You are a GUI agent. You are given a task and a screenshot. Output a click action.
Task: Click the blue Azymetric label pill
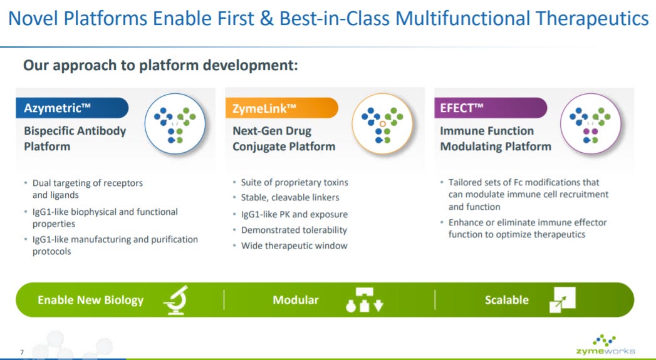72,108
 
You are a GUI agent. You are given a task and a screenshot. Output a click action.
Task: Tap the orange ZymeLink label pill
281,108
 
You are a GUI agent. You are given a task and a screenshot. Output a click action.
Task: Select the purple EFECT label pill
491,108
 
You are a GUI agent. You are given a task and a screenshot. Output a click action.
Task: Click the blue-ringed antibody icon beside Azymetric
175,124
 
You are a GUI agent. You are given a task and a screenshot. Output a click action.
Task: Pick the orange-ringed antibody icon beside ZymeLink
382,124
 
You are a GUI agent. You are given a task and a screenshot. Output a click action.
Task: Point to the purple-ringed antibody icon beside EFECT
591,124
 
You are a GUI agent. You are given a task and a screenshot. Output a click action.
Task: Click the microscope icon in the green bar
175,300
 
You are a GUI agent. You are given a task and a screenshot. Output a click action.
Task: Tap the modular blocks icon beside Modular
365,300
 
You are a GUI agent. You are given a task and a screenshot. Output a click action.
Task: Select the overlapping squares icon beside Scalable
562,300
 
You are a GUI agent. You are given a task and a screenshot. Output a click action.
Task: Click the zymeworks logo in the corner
605,345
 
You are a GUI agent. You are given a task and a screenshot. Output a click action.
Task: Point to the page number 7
22,352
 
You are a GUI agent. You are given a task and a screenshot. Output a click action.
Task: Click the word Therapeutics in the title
592,19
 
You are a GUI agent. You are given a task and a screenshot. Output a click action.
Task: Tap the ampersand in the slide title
266,19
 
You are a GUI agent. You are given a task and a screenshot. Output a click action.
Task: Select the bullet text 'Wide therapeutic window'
294,245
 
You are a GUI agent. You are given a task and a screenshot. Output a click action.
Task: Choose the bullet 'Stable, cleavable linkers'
290,197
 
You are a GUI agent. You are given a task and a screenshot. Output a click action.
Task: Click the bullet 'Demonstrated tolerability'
294,230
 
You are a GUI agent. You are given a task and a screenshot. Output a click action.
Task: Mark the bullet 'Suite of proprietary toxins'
294,182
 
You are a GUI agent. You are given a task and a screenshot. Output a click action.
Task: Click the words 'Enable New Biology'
90,300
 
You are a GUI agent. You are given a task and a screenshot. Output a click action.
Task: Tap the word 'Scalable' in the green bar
507,300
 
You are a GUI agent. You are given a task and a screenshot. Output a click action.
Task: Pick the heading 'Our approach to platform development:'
160,65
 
